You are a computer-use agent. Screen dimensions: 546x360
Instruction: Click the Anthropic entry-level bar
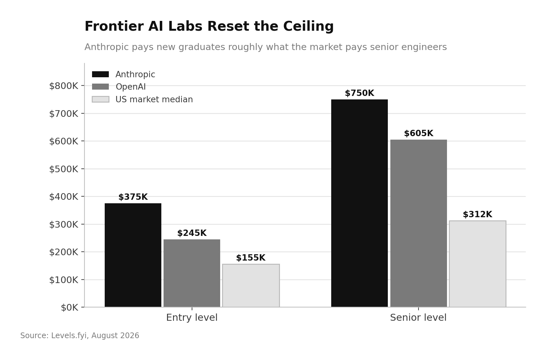pos(133,255)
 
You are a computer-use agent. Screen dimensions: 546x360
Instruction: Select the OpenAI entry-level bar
pos(192,273)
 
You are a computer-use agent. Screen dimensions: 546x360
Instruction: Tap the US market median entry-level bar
pos(251,286)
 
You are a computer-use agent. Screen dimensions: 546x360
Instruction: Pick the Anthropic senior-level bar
pos(359,203)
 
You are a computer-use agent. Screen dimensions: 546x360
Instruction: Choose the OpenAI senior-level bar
pos(419,223)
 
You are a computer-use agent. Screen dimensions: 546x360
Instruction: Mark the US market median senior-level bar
pos(477,264)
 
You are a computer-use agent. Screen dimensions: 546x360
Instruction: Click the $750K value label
pos(359,93)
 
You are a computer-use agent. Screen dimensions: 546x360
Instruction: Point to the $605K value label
pos(419,133)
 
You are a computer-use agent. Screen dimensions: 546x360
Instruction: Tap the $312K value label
pos(477,214)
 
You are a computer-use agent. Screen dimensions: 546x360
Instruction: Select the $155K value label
pos(251,258)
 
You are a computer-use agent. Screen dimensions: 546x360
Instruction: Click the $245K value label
pos(192,233)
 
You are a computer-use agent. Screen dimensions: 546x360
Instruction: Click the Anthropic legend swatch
pos(100,74)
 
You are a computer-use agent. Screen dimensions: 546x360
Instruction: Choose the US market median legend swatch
pos(100,99)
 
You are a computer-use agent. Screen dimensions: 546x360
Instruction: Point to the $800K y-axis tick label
pos(64,86)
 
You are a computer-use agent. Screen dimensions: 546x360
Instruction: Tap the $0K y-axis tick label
pos(70,307)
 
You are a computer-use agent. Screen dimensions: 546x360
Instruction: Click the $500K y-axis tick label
pos(64,169)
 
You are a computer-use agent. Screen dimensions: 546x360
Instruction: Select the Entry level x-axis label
pos(192,318)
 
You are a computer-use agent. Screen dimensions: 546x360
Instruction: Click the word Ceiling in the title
pos(308,27)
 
